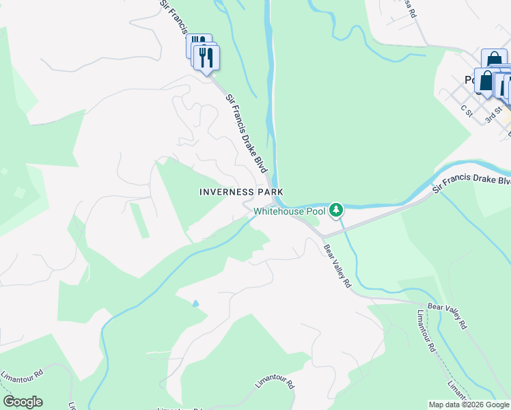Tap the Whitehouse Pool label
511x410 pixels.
[290, 211]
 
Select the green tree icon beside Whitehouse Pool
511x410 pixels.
[335, 210]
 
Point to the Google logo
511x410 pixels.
[23, 402]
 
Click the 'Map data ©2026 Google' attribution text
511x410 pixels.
[469, 405]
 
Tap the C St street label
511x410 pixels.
[467, 109]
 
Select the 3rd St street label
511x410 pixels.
[493, 114]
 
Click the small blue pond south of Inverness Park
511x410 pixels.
[196, 303]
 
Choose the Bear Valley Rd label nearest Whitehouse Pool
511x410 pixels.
[337, 266]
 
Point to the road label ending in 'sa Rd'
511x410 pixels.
[409, 8]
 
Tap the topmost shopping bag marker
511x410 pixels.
[493, 61]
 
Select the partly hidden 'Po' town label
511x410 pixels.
[470, 79]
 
